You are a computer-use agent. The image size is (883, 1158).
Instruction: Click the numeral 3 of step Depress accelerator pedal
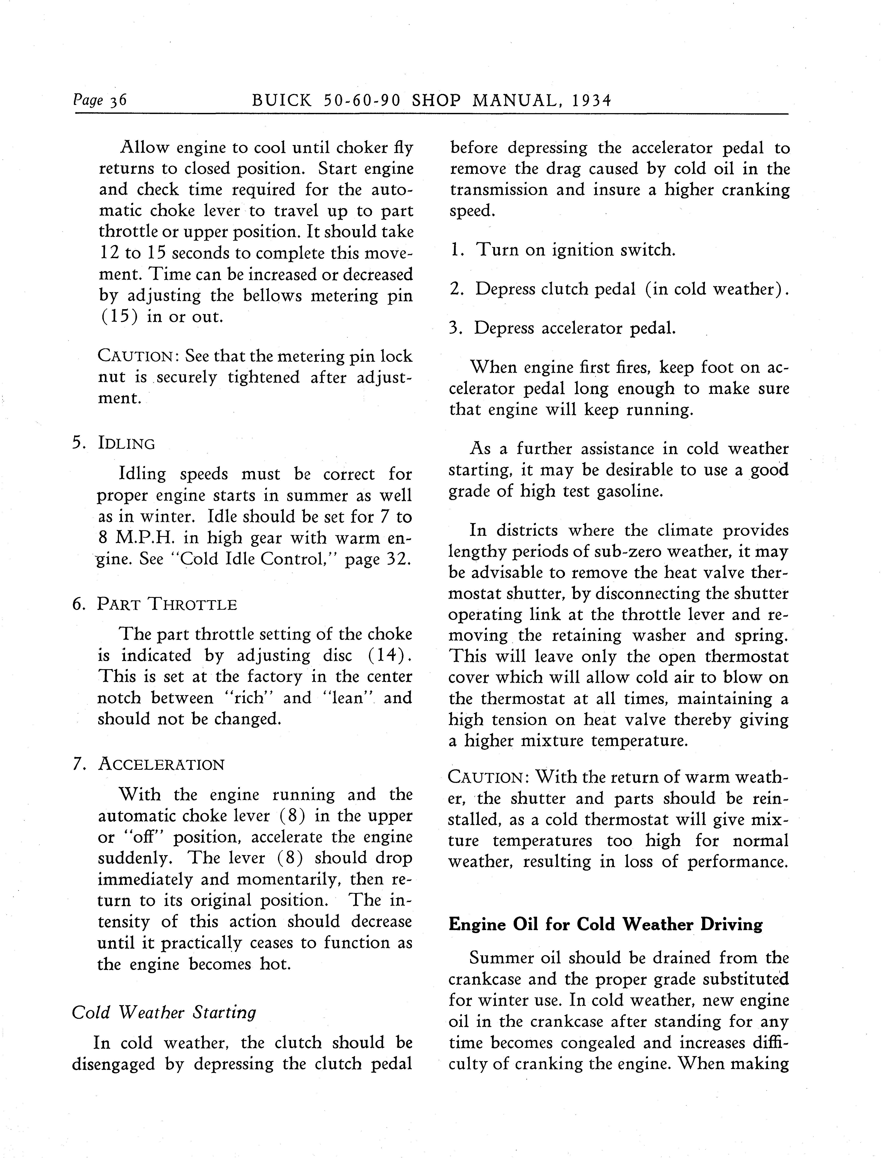pyautogui.click(x=454, y=328)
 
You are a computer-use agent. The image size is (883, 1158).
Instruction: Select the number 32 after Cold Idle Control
pyautogui.click(x=397, y=559)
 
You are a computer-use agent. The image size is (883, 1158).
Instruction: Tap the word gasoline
pyautogui.click(x=629, y=492)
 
